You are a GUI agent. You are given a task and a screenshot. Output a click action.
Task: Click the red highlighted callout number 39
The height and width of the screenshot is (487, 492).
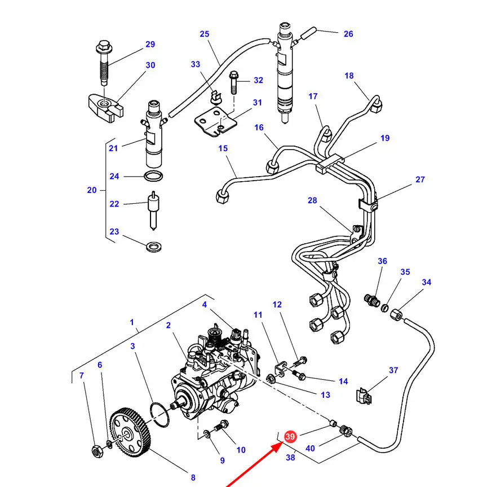point(290,436)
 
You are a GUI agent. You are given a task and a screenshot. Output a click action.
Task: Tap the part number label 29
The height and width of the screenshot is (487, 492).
point(150,45)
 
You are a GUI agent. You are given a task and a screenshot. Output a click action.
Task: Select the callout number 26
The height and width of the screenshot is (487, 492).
point(348,34)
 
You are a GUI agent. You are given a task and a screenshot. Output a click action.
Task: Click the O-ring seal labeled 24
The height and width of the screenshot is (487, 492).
point(153,176)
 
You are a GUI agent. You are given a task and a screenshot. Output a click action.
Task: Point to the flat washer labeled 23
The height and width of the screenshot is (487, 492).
point(154,247)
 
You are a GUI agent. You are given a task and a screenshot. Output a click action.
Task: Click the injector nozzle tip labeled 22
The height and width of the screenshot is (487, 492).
point(153,210)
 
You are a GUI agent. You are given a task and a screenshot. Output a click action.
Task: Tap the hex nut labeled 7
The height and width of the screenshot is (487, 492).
point(97,451)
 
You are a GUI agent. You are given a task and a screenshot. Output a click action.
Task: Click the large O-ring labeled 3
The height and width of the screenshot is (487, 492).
point(159,415)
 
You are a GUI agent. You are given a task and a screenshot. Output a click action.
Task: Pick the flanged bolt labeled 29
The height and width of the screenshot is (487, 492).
point(104,62)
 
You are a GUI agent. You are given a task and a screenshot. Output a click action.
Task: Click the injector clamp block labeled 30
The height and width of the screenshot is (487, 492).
point(105,108)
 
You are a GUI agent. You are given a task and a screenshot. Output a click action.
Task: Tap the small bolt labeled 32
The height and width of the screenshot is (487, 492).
point(234,82)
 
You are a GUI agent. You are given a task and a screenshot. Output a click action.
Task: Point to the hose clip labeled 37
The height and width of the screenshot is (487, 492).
point(364,396)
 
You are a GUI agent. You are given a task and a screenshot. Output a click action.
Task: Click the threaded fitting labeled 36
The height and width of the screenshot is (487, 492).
point(372,300)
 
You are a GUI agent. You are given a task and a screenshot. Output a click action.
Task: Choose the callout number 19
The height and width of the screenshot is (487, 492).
point(385,138)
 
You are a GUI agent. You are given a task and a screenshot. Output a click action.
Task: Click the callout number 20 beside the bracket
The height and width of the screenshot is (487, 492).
point(92,190)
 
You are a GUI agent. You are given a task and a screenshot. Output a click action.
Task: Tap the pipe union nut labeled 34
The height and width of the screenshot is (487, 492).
point(397,314)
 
